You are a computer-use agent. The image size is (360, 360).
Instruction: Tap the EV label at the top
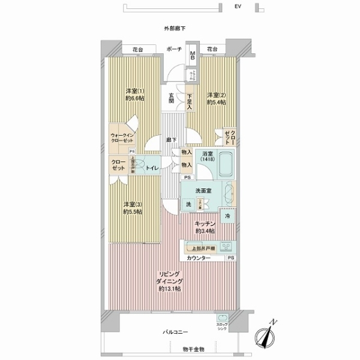[238, 7]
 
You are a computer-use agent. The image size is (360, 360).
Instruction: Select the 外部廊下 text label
[174, 28]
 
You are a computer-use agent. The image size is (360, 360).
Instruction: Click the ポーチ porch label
[174, 50]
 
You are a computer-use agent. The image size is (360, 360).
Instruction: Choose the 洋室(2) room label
[216, 98]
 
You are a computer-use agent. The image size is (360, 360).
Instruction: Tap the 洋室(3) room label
[132, 207]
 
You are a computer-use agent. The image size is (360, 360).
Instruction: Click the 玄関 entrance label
[171, 97]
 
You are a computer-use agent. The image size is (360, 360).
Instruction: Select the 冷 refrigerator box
[229, 215]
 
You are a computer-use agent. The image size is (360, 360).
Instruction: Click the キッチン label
[205, 227]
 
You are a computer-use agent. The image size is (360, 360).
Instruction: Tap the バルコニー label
[175, 331]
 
